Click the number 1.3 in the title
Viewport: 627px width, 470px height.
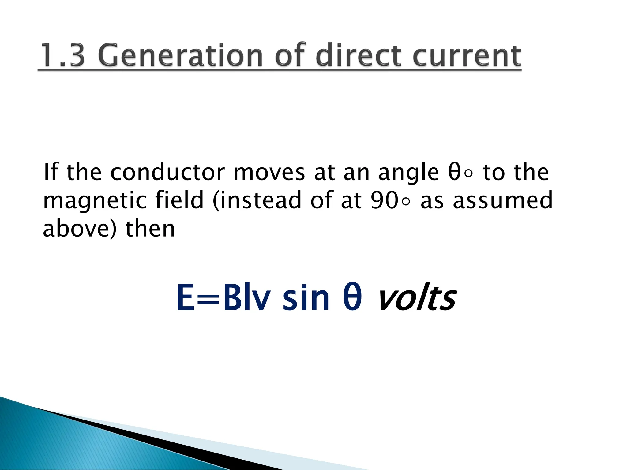62,56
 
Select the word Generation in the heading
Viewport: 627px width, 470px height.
181,56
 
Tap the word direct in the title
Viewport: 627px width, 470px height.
358,56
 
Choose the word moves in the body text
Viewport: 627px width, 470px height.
269,173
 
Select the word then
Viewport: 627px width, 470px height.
150,229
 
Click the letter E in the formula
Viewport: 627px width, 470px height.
186,297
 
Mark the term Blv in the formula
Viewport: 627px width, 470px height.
247,297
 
